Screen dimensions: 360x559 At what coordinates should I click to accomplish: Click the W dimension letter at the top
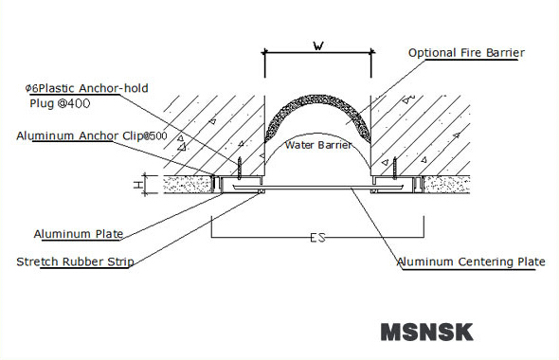[x=317, y=44]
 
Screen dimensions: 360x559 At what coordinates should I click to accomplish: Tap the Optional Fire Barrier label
[x=465, y=53]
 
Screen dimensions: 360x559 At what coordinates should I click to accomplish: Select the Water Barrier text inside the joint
[x=318, y=145]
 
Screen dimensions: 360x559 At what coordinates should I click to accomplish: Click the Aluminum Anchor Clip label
[x=91, y=135]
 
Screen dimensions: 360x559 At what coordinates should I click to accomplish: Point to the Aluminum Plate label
[x=78, y=233]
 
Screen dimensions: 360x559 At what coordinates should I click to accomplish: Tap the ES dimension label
[x=316, y=238]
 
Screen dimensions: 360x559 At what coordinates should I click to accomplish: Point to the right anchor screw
[x=393, y=169]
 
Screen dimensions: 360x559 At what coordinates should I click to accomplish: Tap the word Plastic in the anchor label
[x=59, y=88]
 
